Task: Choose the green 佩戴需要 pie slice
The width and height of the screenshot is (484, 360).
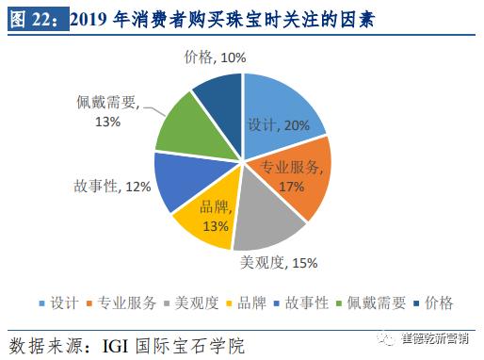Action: pos(184,127)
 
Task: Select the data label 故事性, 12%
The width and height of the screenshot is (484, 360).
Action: pos(112,187)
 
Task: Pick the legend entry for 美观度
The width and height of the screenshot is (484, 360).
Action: pos(190,303)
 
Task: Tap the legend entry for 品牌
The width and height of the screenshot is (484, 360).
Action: pos(252,303)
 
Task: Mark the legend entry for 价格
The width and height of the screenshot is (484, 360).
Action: pos(439,303)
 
